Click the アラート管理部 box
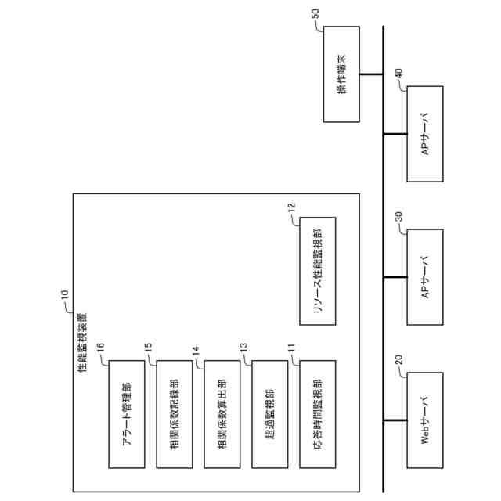click(x=126, y=414)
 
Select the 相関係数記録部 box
click(x=174, y=414)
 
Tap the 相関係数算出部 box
click(x=222, y=414)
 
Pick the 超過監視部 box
click(x=269, y=414)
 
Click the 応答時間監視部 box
click(x=317, y=414)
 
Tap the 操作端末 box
click(x=341, y=75)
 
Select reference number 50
click(x=315, y=14)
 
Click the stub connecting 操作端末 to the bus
click(x=371, y=75)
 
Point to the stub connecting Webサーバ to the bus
click(x=395, y=421)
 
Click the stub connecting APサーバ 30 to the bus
click(x=395, y=278)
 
